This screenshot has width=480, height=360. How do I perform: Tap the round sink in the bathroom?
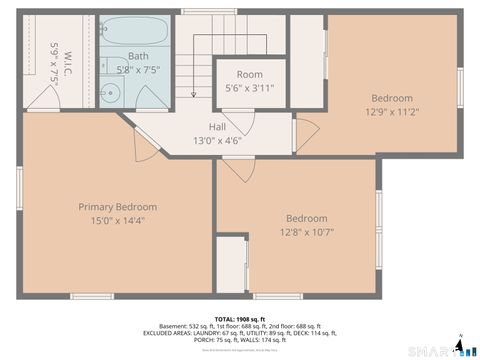111,96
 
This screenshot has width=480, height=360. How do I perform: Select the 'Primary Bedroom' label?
118,207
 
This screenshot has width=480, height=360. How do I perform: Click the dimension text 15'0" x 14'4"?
118,221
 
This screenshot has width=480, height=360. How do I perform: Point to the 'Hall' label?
217,127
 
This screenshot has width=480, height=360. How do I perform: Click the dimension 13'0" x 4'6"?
217,140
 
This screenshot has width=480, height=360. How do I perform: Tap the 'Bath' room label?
138,56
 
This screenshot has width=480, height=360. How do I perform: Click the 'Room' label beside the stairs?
250,75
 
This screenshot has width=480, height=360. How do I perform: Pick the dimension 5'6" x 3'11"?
250,88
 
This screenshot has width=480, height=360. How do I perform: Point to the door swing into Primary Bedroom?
145,143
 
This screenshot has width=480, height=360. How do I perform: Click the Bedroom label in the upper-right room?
392,98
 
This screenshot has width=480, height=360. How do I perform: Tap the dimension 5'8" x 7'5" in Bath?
138,70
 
